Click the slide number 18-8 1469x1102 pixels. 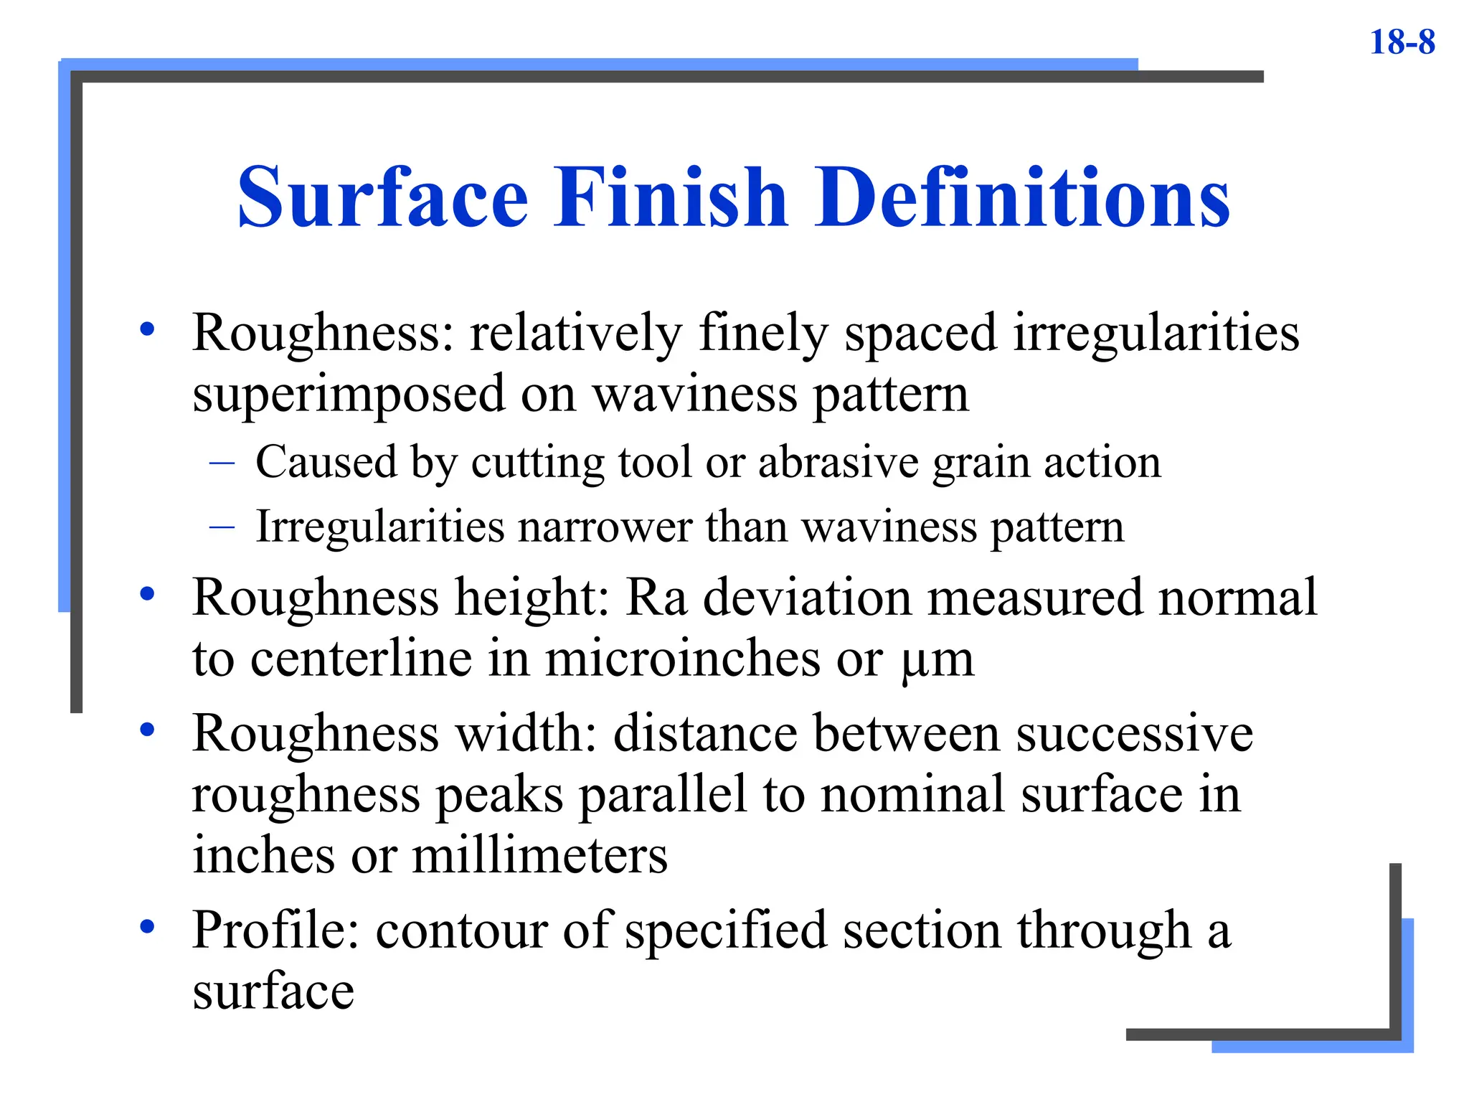[x=1402, y=42]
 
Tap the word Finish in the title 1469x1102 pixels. [x=671, y=197]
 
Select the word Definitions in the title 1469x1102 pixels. [x=1022, y=197]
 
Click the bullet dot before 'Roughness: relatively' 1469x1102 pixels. [x=148, y=329]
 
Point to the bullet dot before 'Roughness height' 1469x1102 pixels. [x=148, y=594]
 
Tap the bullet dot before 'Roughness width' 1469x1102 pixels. [x=148, y=730]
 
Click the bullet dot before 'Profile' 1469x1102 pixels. [x=148, y=927]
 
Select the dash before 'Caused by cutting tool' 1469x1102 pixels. [x=222, y=463]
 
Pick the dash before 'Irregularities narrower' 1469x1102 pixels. [x=222, y=528]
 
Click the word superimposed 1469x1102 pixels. [x=349, y=395]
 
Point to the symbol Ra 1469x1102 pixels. [x=656, y=597]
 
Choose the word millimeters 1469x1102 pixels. [x=539, y=855]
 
